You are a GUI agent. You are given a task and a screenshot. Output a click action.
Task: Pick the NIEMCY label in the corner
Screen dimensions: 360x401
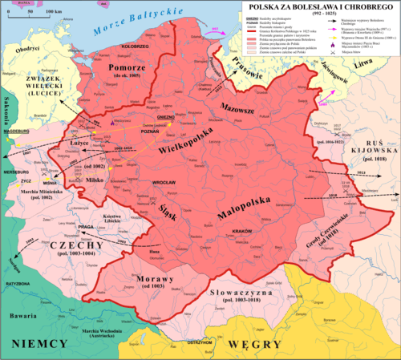point(32,343)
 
